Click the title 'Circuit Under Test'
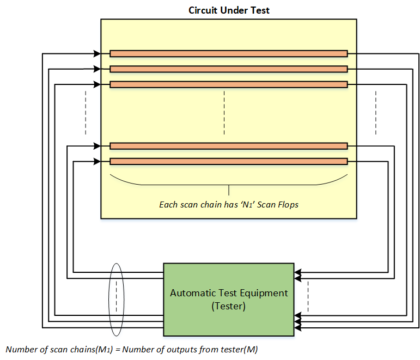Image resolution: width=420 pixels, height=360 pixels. pyautogui.click(x=229, y=10)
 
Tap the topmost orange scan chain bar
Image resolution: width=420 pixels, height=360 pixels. pyautogui.click(x=228, y=53)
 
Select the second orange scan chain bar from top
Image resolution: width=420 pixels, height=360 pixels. pyautogui.click(x=228, y=69)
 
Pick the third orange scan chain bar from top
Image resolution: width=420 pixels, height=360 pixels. pyautogui.click(x=228, y=84)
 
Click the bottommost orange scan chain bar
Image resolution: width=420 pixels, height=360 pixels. pyautogui.click(x=228, y=161)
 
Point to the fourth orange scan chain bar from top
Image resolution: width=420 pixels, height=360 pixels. pyautogui.click(x=228, y=146)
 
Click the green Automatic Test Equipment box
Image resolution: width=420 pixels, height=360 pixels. pyautogui.click(x=229, y=299)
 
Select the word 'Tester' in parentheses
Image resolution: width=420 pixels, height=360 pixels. pyautogui.click(x=229, y=307)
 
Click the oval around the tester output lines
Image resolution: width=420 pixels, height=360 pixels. pyautogui.click(x=116, y=299)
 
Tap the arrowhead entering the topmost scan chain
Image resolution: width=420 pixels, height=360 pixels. pyautogui.click(x=97, y=53)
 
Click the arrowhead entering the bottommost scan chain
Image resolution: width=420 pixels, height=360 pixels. pyautogui.click(x=97, y=161)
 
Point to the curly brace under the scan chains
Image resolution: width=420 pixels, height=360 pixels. pyautogui.click(x=228, y=183)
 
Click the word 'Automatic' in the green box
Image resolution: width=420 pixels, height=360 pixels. pyautogui.click(x=196, y=293)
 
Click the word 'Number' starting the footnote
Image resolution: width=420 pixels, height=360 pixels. pyautogui.click(x=20, y=349)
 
